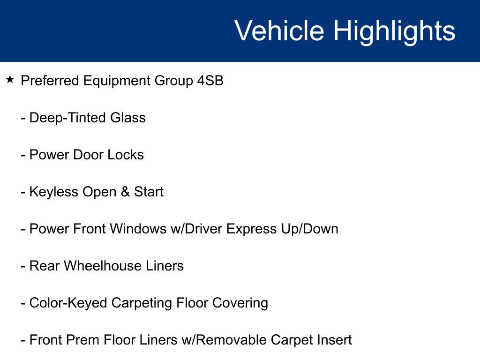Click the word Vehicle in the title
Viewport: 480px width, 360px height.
(x=279, y=31)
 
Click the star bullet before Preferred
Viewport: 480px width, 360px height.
(x=10, y=80)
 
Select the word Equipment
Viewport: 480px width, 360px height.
(x=117, y=81)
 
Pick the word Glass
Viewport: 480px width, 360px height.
(x=128, y=118)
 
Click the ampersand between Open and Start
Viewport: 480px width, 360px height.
(x=125, y=192)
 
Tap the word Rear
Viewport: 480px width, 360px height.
(x=45, y=266)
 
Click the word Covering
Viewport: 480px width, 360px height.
(x=240, y=303)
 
